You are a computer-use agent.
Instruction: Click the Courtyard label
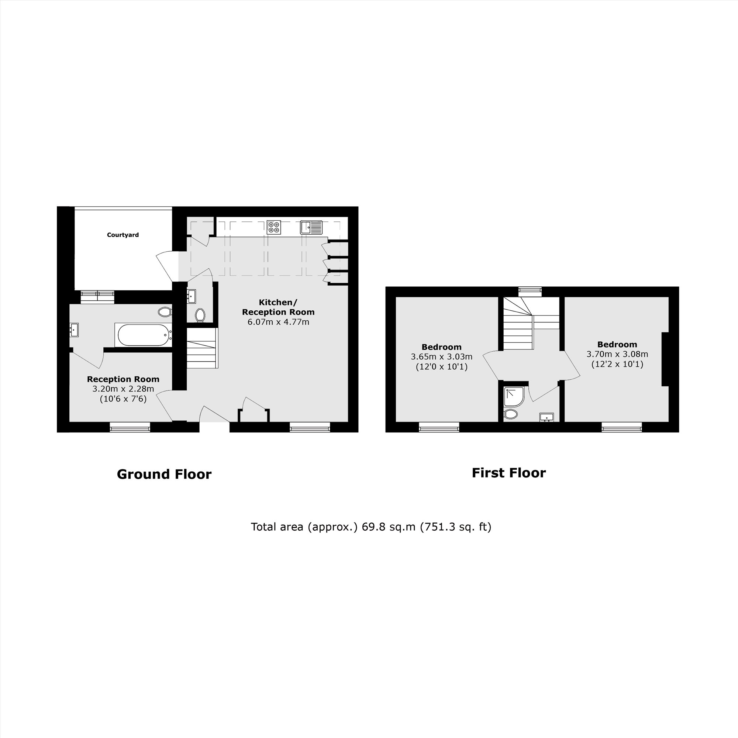[x=123, y=235]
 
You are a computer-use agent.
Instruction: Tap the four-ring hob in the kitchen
[x=273, y=227]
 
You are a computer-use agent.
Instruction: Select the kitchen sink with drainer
[x=311, y=227]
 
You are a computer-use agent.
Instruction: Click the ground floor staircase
[x=202, y=348]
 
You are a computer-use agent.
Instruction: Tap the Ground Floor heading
[x=164, y=474]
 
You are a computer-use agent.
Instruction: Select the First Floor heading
[x=508, y=473]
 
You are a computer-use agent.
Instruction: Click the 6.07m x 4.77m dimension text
[x=278, y=322]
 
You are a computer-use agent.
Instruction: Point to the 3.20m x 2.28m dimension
[x=123, y=389]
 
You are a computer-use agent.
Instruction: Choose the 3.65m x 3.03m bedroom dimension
[x=441, y=357]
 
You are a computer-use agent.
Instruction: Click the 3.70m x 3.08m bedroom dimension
[x=617, y=354]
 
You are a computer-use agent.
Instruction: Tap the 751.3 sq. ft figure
[x=455, y=527]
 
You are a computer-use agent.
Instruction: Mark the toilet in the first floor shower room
[x=510, y=414]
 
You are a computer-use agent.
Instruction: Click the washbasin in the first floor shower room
[x=546, y=417]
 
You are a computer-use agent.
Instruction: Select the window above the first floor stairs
[x=530, y=292]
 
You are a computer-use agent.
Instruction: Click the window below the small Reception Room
[x=130, y=427]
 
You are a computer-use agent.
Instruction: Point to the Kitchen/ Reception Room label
[x=278, y=307]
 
